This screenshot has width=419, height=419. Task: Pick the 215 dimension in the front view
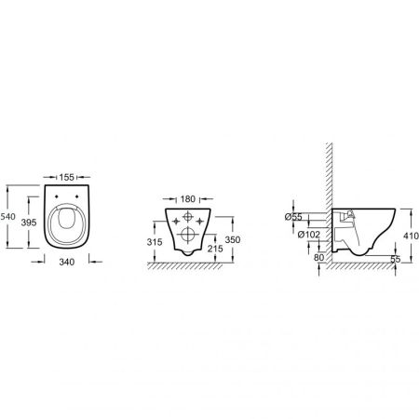[215, 250]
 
